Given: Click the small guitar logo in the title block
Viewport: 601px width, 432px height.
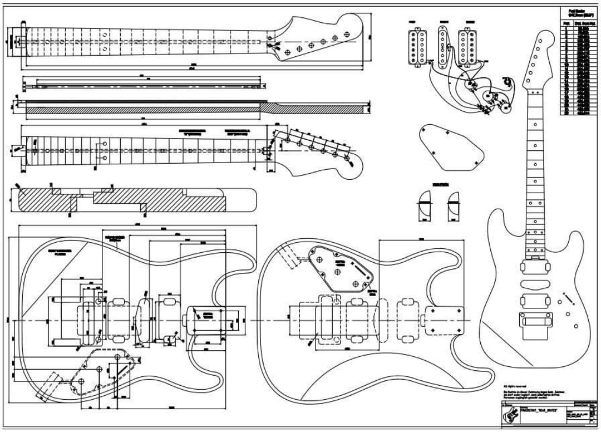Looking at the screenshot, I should (x=511, y=415).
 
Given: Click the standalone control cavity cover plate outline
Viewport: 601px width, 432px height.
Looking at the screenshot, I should (x=450, y=145).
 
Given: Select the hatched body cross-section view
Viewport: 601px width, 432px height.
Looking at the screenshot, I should (x=134, y=200).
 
